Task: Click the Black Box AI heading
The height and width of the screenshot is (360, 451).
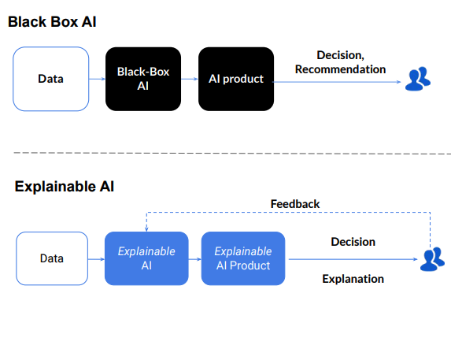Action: (51, 22)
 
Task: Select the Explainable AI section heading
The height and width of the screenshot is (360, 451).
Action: (65, 187)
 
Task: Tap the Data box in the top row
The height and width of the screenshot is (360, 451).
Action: (50, 79)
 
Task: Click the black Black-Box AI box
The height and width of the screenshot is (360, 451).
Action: (143, 79)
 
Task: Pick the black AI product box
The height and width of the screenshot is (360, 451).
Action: (235, 79)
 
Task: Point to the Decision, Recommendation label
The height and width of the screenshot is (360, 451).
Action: (340, 62)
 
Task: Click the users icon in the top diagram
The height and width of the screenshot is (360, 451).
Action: (418, 79)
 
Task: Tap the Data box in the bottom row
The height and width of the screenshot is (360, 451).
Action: (52, 258)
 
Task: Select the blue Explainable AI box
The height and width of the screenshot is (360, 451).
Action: (146, 258)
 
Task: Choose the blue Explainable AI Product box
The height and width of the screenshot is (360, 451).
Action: (243, 258)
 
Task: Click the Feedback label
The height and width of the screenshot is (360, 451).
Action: (295, 204)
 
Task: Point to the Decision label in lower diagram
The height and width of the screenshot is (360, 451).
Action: (353, 242)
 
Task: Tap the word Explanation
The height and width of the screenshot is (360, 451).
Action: (353, 278)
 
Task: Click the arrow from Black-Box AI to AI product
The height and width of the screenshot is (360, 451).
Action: (189, 79)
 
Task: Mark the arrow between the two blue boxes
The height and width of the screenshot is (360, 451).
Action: (194, 258)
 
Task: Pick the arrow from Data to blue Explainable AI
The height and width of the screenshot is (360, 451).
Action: (96, 258)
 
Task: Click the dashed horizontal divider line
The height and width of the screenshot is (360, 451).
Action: (228, 153)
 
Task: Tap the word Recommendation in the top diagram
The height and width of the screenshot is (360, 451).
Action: (340, 69)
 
